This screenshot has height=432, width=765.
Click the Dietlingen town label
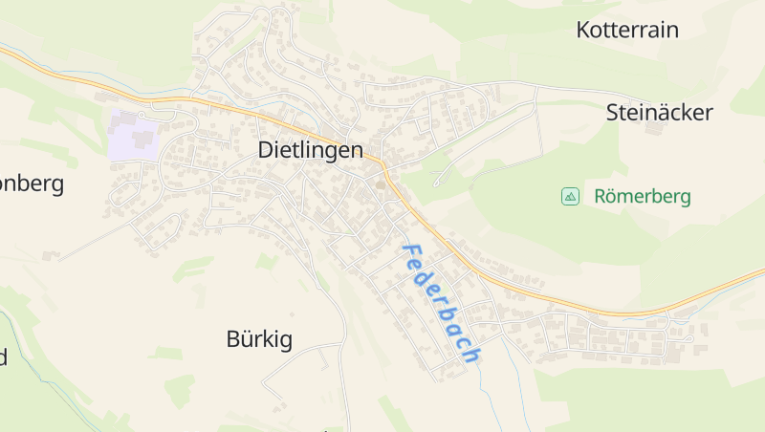click(x=311, y=150)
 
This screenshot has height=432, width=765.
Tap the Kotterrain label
click(x=627, y=30)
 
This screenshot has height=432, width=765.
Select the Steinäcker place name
click(x=660, y=113)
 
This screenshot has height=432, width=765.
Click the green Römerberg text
click(x=642, y=197)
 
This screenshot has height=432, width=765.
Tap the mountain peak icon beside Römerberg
click(x=570, y=197)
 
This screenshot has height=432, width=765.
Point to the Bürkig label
click(x=259, y=338)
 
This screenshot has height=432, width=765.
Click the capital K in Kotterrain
click(x=583, y=30)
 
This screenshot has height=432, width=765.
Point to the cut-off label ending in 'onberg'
click(x=32, y=184)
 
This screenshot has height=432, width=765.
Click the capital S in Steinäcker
click(x=613, y=113)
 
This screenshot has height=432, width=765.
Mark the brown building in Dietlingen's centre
click(x=380, y=185)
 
